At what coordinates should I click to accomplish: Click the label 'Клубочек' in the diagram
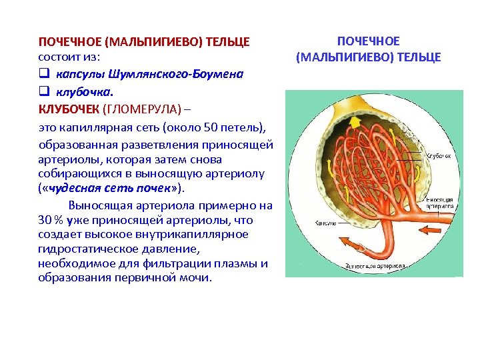click(x=439, y=155)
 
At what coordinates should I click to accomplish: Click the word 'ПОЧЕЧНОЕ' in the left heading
click(x=69, y=42)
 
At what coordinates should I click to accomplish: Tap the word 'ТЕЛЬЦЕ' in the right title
click(x=419, y=57)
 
